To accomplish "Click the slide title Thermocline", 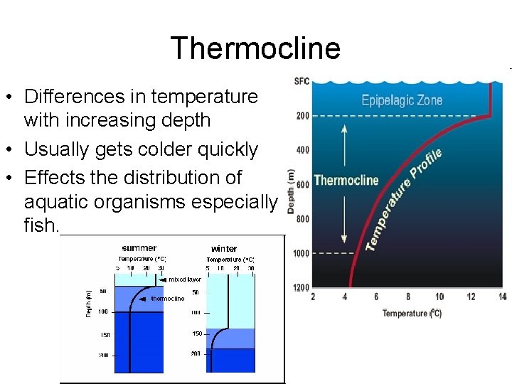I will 255,48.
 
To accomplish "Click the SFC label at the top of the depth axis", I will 302,81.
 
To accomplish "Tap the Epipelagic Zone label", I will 401,100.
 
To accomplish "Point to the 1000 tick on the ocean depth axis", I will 301,253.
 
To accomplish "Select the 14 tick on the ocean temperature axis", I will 502,297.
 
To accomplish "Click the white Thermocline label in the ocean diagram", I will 346,180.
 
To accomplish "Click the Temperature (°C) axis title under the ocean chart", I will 412,314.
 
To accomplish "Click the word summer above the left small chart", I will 139,248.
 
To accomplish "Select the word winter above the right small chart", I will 224,249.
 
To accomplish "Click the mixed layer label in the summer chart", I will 184,279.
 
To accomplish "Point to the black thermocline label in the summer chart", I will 167,299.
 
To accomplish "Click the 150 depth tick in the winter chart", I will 197,333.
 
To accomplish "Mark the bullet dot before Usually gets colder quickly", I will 12,150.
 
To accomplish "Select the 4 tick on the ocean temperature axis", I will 345,297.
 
